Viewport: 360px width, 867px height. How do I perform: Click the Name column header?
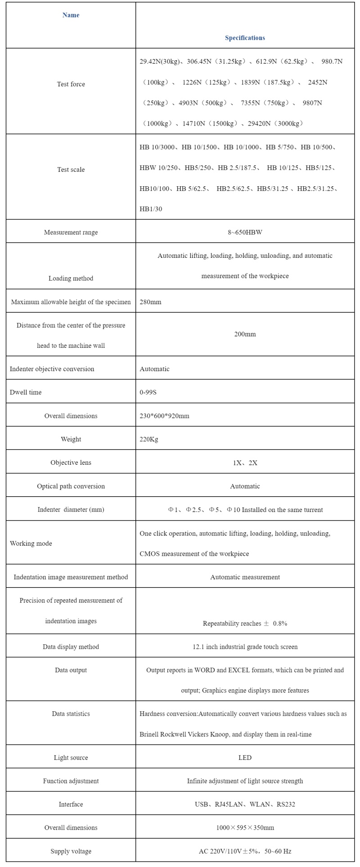tap(71, 15)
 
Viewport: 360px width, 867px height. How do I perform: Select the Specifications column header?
tap(245, 38)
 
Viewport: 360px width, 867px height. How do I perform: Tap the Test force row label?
tap(71, 84)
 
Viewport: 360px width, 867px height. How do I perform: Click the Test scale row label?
tap(71, 170)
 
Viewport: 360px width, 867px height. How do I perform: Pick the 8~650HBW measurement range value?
tap(245, 232)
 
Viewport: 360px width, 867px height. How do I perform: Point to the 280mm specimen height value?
tap(150, 302)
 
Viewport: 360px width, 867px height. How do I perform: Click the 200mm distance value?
tap(245, 334)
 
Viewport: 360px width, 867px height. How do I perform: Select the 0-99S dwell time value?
tap(148, 392)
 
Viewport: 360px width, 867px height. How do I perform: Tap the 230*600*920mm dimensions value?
tap(164, 416)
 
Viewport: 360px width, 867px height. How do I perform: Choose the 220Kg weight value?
tap(149, 439)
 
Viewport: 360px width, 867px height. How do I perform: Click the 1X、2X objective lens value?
tap(245, 463)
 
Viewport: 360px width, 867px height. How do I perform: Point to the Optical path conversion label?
tap(71, 486)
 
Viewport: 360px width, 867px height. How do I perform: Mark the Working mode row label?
tap(31, 544)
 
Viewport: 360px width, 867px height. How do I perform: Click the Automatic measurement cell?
tap(245, 577)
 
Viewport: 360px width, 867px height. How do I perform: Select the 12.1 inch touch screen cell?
tap(245, 647)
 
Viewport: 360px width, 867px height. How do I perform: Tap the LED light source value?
tap(245, 758)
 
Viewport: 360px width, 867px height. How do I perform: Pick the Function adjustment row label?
tap(71, 781)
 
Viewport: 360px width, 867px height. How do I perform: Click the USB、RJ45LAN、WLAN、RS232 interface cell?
tap(245, 804)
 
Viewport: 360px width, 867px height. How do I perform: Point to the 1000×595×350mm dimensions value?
tap(245, 828)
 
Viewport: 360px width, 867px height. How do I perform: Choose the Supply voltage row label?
tap(71, 851)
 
